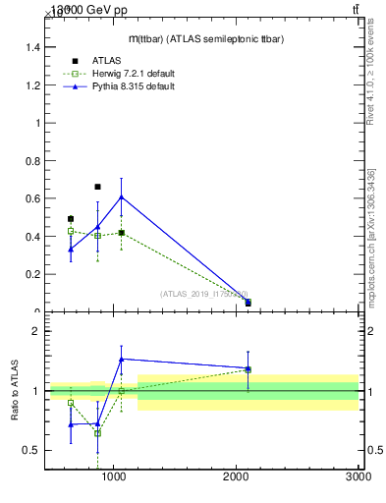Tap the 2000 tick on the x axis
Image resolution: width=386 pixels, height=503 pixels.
[x=237, y=477]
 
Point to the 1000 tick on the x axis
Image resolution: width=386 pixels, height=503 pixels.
[x=114, y=477]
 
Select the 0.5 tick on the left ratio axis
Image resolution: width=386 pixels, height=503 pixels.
[x=33, y=450]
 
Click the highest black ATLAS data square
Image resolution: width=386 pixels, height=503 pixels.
[x=97, y=187]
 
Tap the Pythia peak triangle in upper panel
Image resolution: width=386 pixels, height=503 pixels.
[x=121, y=197]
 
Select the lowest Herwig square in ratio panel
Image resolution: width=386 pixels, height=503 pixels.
[x=97, y=432]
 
